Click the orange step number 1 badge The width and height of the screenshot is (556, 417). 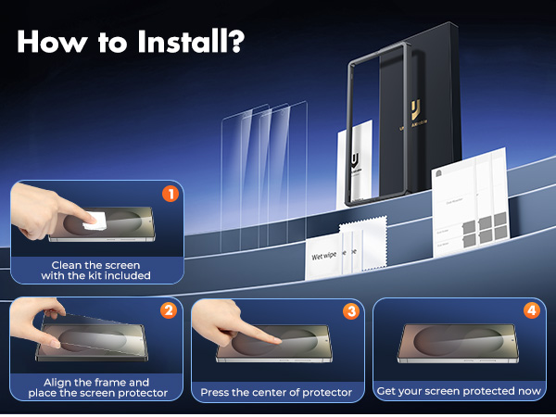[x=169, y=195]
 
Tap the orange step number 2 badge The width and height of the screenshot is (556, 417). [x=169, y=310]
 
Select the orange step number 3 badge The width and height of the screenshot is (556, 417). [x=350, y=311]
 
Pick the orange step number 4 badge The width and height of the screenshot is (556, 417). [x=531, y=310]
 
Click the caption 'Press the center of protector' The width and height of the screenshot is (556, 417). [x=276, y=392]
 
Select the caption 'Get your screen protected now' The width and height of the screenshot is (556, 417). [x=459, y=391]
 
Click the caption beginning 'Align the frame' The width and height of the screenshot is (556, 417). [x=96, y=387]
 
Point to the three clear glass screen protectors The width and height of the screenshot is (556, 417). [x=265, y=171]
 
